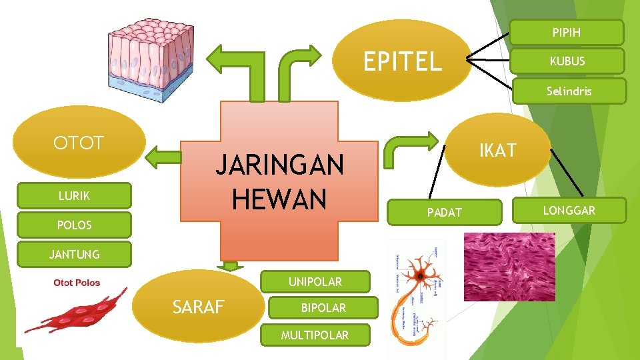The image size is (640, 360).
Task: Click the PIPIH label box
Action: [566, 32]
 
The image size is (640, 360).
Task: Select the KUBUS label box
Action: [567, 61]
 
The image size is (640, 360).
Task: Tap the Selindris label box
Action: [569, 91]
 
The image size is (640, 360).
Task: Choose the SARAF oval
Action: [199, 307]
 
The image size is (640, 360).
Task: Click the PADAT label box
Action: [444, 212]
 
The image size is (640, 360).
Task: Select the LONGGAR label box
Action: [569, 211]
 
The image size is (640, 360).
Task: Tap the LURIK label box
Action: [74, 196]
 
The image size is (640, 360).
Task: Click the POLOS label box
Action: [74, 225]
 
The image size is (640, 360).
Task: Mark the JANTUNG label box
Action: [74, 254]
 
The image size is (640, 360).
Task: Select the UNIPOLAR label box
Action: [315, 282]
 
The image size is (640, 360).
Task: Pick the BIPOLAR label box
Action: [323, 308]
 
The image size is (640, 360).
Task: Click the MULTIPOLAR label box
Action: [314, 335]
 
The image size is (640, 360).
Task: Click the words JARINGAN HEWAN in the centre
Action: [279, 181]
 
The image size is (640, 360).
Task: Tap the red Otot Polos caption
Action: [77, 283]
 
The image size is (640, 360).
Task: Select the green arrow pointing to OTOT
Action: [163, 157]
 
